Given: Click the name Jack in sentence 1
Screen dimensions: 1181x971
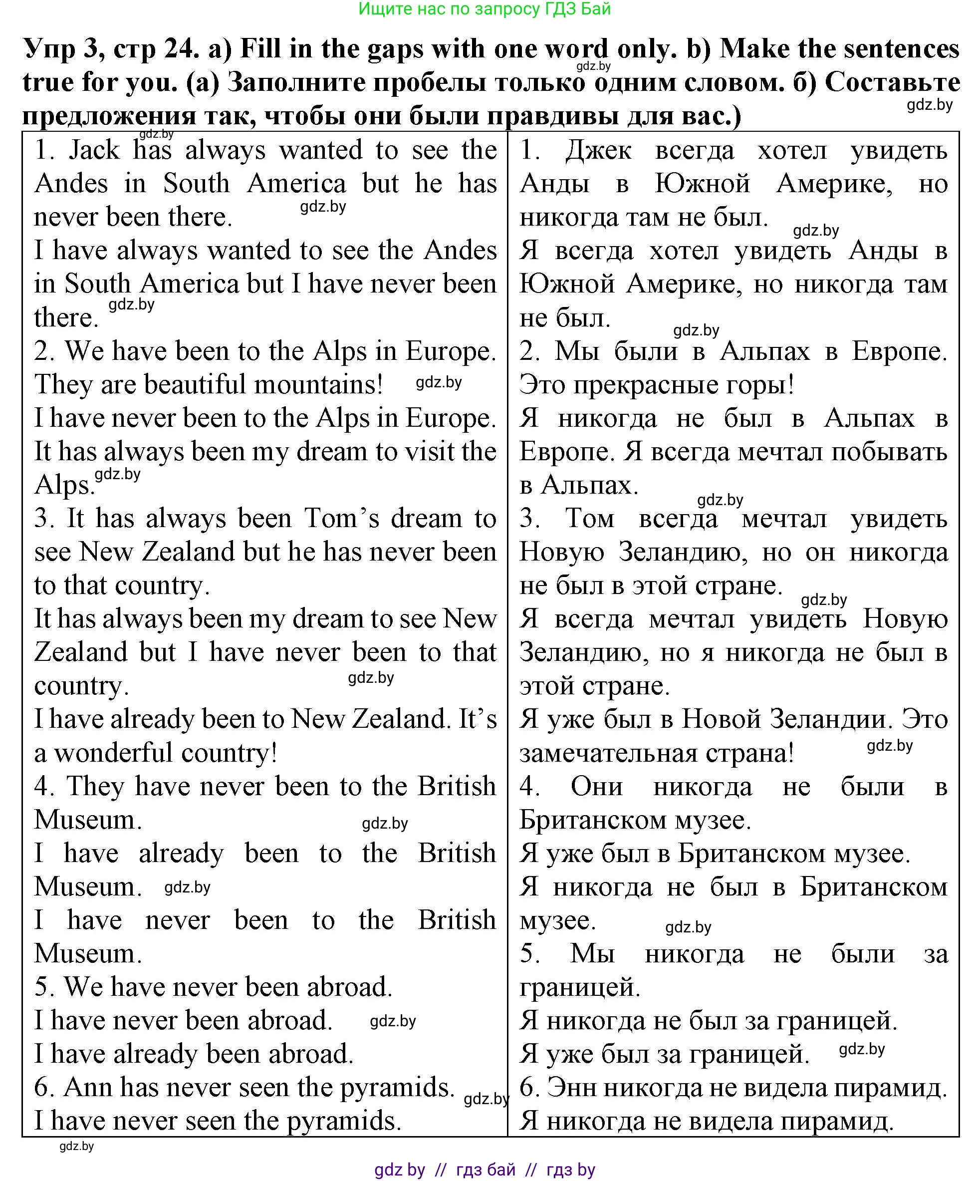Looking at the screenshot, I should pos(94,150).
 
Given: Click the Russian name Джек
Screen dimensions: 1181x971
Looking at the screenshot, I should pos(598,150).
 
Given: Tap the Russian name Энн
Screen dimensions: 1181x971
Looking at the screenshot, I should pos(572,1087).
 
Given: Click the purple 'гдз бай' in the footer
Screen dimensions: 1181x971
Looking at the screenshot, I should pos(485,1169).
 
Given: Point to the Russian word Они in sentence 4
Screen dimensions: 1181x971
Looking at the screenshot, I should pos(596,787).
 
